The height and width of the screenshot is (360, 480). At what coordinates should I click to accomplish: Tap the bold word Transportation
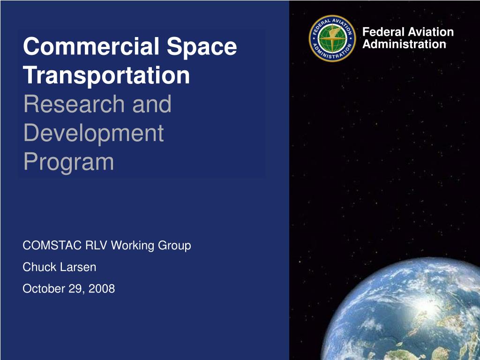point(107,75)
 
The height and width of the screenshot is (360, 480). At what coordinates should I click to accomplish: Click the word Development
point(94,133)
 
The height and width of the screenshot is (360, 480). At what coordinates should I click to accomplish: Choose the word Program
point(68,162)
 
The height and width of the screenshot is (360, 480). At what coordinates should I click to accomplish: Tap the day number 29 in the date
point(75,289)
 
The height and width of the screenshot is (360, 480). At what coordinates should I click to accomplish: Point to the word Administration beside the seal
point(405,45)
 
